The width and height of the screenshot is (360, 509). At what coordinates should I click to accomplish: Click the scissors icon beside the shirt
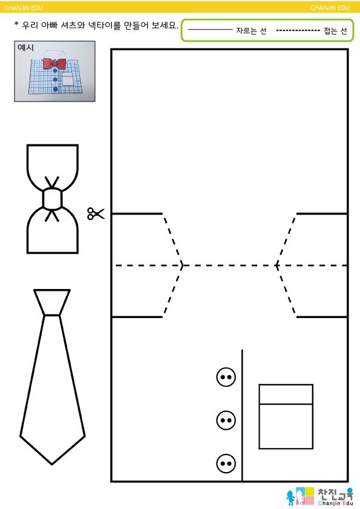[96, 213]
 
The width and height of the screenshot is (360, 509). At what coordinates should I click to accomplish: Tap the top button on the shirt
[226, 377]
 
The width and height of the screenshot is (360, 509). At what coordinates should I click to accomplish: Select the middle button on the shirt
[226, 420]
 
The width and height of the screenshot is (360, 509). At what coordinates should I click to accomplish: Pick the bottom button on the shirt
[226, 463]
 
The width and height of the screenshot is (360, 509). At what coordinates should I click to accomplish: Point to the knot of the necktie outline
[52, 302]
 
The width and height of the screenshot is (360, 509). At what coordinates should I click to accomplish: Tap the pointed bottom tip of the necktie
[52, 464]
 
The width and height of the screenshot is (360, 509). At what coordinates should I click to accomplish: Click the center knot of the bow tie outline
[52, 199]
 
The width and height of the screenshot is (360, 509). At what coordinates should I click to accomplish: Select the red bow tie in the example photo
[54, 63]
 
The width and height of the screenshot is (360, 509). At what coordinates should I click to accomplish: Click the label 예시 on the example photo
[25, 47]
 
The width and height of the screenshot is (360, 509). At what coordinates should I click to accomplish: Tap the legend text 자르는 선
[251, 31]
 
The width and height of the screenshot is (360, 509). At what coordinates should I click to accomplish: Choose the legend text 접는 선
[335, 31]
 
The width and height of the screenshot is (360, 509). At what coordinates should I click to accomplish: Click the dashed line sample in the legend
[298, 30]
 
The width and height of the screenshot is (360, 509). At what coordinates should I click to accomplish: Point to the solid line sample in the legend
[211, 30]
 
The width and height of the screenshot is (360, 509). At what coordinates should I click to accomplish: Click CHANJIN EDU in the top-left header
[24, 8]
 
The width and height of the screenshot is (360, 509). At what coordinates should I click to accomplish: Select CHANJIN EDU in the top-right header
[330, 8]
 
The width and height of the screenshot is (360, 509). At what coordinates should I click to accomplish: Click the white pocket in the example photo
[68, 79]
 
